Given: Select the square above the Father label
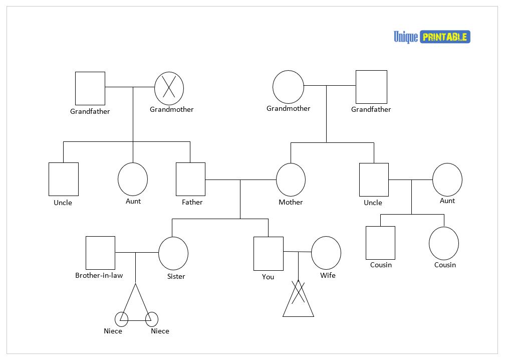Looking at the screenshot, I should [x=190, y=179].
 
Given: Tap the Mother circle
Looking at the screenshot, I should [x=291, y=179].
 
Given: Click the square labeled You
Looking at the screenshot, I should [x=268, y=254].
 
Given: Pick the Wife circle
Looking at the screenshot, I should [x=326, y=253].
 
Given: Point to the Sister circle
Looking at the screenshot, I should [x=173, y=253].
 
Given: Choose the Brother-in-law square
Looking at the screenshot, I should [x=100, y=253].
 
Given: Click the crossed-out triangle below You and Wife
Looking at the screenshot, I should [x=298, y=300].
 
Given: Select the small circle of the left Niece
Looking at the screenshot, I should [x=121, y=319].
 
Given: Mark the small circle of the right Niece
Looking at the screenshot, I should [x=152, y=319].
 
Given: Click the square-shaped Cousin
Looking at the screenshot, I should [x=380, y=243].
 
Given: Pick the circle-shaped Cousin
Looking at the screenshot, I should [x=444, y=243].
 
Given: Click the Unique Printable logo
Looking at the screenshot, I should [x=432, y=37].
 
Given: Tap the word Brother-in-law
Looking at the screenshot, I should [x=99, y=275].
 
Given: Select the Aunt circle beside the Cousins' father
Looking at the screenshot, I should [x=447, y=179].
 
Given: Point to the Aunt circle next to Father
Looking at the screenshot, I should [x=133, y=179].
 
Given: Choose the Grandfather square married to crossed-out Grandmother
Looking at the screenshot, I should [x=90, y=88].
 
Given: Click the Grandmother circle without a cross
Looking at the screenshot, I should [x=288, y=87].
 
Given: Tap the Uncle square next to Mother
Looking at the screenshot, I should [x=374, y=179].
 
